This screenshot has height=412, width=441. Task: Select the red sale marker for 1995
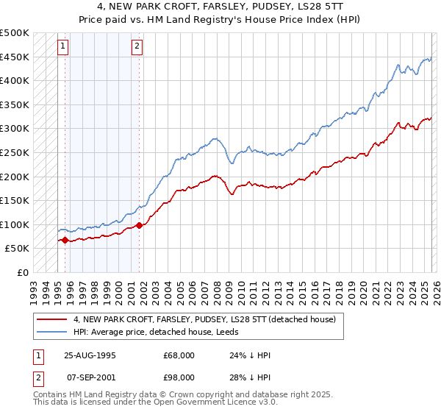65,239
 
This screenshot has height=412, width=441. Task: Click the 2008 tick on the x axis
216,287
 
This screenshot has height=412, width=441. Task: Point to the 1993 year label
33,287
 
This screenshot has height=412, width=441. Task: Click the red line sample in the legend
51,319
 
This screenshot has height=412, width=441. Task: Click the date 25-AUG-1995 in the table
90,355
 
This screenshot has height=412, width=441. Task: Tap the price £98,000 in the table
179,377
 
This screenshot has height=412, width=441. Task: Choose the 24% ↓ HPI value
240,355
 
